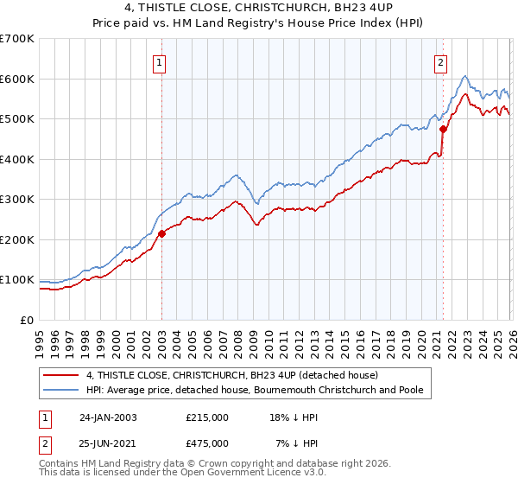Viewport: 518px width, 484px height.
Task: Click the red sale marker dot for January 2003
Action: tap(161, 232)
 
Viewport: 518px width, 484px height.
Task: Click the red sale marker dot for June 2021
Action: tap(443, 129)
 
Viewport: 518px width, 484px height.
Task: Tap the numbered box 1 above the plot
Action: tap(161, 61)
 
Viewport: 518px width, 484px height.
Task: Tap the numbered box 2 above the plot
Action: tap(441, 61)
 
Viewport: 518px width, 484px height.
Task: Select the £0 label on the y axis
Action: tap(28, 320)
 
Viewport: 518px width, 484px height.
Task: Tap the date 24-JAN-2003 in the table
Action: tap(108, 417)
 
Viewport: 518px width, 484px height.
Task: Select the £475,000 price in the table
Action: tap(206, 443)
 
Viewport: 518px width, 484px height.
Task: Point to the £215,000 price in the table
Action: tap(206, 417)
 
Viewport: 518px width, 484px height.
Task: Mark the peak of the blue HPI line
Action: tap(464, 76)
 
